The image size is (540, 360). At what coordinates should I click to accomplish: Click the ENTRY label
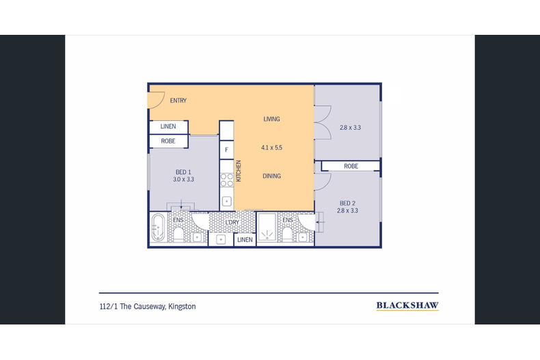(178, 100)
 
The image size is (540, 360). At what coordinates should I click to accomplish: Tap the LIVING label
(271, 119)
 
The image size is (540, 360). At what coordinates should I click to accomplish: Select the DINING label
(272, 176)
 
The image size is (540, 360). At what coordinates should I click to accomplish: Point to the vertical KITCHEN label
(239, 171)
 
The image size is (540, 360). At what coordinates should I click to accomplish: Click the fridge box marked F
(227, 150)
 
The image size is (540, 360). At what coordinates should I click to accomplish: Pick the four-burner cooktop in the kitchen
(227, 180)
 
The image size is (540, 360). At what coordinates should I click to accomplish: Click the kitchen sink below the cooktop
(227, 201)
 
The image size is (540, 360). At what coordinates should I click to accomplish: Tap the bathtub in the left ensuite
(158, 227)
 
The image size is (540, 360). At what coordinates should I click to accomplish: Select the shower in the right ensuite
(267, 227)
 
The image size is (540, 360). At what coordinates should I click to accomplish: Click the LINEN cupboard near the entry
(168, 126)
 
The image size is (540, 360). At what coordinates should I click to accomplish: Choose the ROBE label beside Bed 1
(168, 141)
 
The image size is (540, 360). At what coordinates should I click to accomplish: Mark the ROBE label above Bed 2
(351, 166)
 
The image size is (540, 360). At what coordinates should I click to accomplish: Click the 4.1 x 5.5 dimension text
(272, 148)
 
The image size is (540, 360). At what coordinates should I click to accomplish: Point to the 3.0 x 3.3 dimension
(184, 179)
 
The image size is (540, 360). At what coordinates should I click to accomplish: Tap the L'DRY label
(232, 223)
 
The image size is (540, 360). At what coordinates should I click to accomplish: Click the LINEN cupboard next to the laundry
(245, 240)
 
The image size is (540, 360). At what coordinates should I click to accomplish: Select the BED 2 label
(347, 204)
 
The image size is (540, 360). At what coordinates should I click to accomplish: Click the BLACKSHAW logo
(407, 305)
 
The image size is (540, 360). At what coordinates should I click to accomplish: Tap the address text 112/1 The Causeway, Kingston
(148, 306)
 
